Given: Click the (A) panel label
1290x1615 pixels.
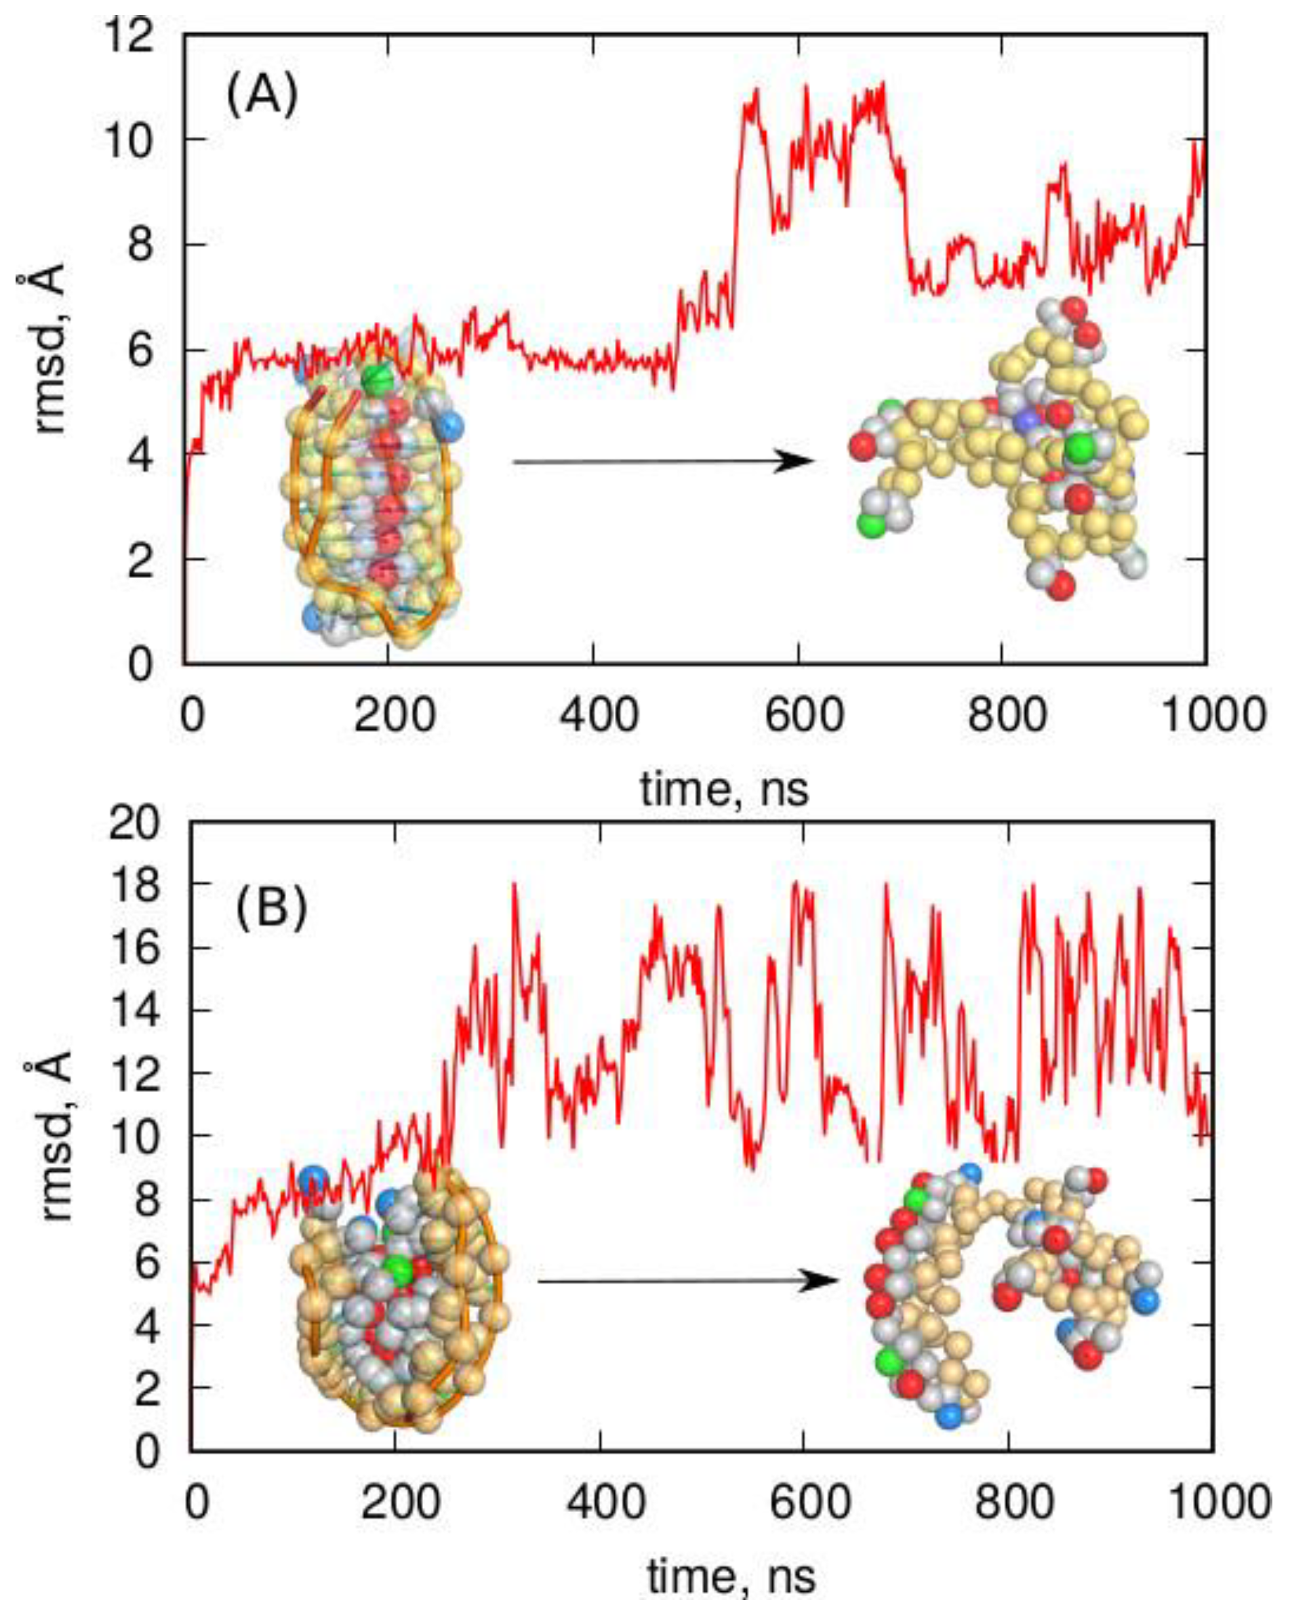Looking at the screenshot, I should (x=262, y=98).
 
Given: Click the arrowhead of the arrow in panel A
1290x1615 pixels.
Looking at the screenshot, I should (x=794, y=462).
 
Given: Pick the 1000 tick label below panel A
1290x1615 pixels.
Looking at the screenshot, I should (x=1212, y=716).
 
